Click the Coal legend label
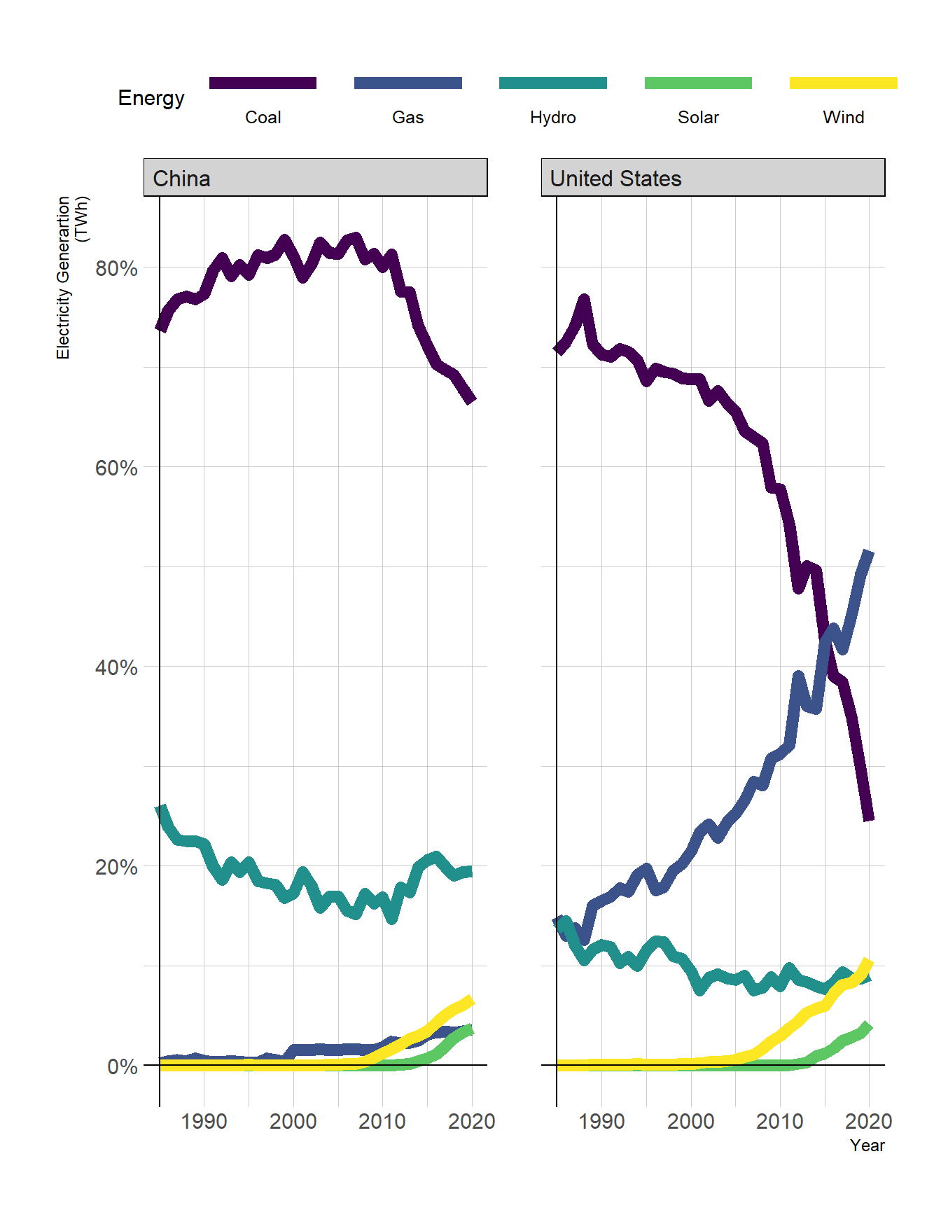tap(263, 118)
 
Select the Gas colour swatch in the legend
tap(407, 83)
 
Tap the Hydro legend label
tap(552, 118)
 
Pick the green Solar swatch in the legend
tap(698, 83)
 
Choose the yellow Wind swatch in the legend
tap(843, 83)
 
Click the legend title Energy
tap(151, 98)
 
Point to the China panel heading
tap(182, 179)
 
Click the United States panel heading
tap(615, 179)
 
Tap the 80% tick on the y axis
tap(116, 268)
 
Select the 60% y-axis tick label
tap(116, 468)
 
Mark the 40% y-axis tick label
tap(116, 667)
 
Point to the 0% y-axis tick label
tap(123, 1066)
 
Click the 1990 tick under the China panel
tap(204, 1121)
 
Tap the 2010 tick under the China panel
tap(382, 1121)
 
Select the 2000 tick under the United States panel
tap(690, 1121)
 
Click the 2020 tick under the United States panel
tap(868, 1121)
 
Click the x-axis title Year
tap(867, 1146)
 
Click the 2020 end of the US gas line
tap(869, 554)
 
